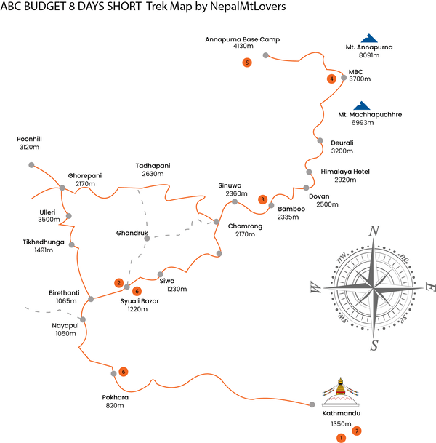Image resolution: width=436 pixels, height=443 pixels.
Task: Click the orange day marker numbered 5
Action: coord(248,63)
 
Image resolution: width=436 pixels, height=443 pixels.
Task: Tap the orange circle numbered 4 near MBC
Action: coord(331,79)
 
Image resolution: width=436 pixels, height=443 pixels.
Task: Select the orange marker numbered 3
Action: coord(263,199)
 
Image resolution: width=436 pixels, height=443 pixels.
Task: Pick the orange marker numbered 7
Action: coord(356,431)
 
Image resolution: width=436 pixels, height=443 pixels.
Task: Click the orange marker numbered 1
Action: coord(340,438)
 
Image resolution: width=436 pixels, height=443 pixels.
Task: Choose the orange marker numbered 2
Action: coord(118,282)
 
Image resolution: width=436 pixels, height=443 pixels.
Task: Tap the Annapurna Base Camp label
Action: coord(243,39)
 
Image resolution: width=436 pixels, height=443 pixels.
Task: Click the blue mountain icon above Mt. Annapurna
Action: coord(369,39)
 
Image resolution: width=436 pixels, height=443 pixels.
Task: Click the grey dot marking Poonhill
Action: coord(31,165)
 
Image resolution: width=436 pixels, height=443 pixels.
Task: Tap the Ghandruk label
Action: coord(132,234)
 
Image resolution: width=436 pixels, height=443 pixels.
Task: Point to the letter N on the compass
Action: coord(375,231)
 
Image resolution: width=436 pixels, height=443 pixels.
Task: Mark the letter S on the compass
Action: coord(374,344)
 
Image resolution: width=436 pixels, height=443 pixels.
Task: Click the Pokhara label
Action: coord(116,398)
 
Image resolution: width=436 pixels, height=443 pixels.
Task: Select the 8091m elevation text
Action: coord(369,55)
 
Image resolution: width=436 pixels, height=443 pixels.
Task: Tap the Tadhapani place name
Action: coord(153,166)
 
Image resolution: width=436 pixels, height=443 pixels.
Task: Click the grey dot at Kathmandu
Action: coord(312,404)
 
